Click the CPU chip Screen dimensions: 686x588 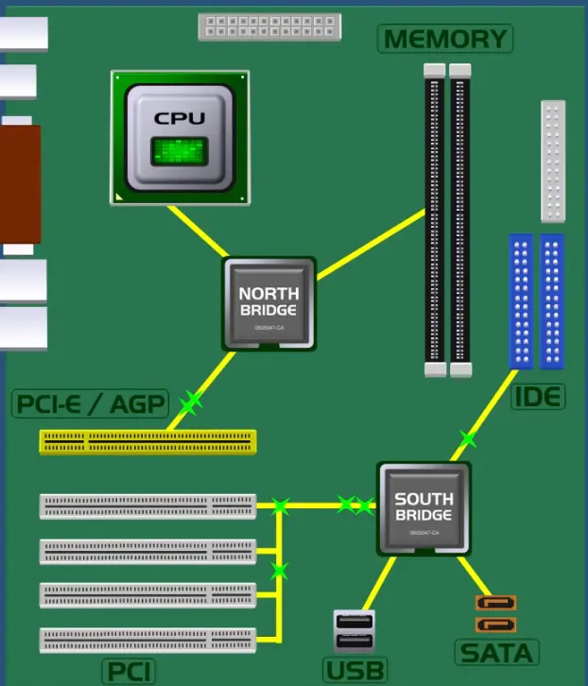(x=180, y=137)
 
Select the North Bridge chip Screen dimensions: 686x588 (x=268, y=302)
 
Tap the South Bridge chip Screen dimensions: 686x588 (x=424, y=507)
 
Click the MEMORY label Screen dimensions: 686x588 (x=445, y=39)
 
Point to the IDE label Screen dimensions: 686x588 (x=538, y=397)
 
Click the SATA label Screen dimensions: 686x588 (x=496, y=652)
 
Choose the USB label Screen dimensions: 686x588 (x=355, y=671)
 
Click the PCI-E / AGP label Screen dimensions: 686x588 (x=90, y=404)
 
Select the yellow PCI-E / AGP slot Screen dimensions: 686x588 (x=147, y=441)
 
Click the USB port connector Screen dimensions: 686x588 (x=355, y=631)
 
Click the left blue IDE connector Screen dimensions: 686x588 (x=521, y=300)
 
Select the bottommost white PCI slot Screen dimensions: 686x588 (x=147, y=641)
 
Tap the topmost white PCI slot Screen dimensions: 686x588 (x=147, y=506)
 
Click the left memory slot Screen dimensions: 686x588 (x=434, y=219)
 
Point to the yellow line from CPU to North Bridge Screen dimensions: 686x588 (x=196, y=232)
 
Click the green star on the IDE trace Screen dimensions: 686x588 (x=467, y=438)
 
